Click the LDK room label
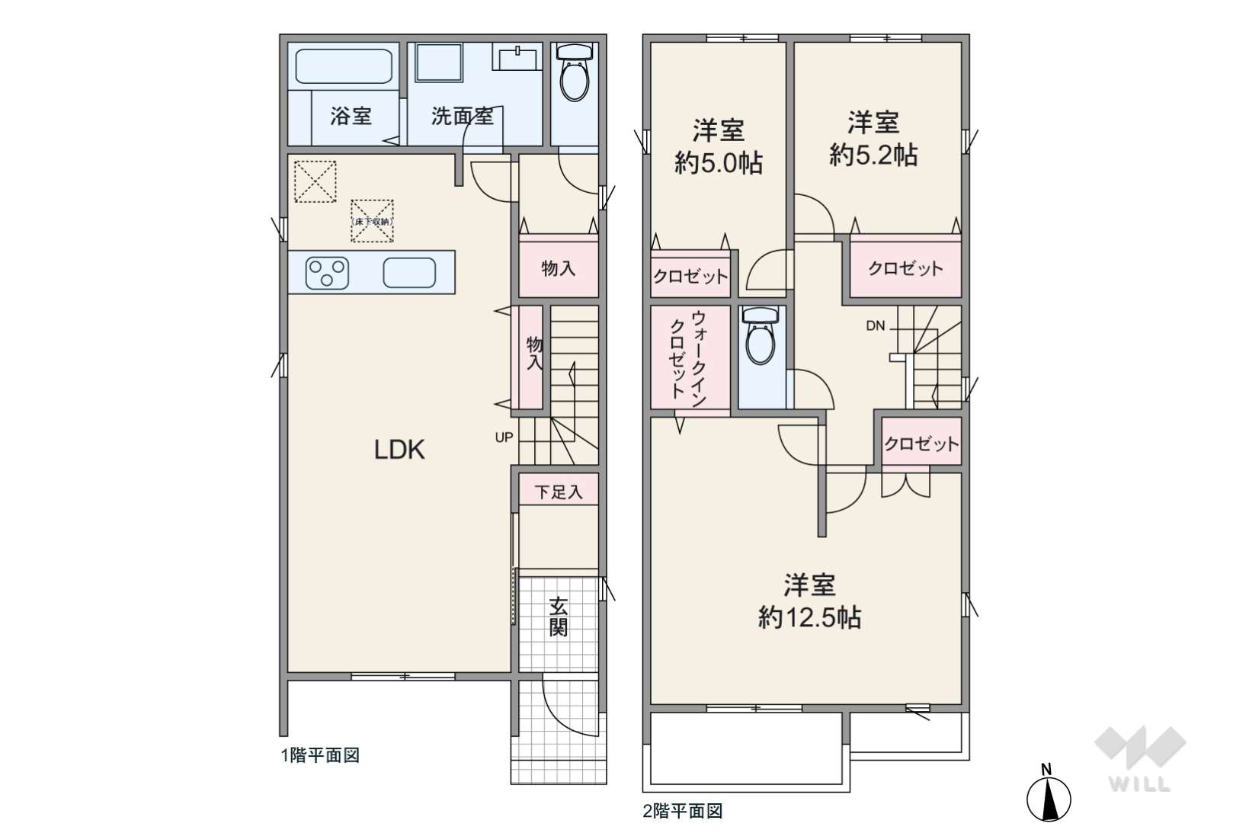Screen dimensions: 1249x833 pos(399,450)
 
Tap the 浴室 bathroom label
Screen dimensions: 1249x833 pos(351,116)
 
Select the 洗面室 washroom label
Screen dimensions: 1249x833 pos(463,116)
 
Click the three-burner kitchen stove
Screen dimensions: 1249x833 pos(328,273)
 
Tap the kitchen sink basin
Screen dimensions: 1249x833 pos(409,273)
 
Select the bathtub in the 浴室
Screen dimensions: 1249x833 pos(344,66)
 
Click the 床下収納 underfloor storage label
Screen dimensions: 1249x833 pos(373,222)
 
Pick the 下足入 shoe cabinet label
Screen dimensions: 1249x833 pos(558,492)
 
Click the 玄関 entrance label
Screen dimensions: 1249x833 pos(558,617)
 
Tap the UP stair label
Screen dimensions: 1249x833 pos(504,437)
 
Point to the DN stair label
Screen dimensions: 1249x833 pos(876,326)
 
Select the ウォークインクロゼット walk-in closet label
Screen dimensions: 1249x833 pos(688,358)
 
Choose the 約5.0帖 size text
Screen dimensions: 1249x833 pos(719,163)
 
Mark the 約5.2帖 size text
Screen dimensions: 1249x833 pos(873,155)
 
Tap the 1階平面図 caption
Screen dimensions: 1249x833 pos(320,755)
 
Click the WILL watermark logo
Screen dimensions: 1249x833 pos(1140,758)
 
